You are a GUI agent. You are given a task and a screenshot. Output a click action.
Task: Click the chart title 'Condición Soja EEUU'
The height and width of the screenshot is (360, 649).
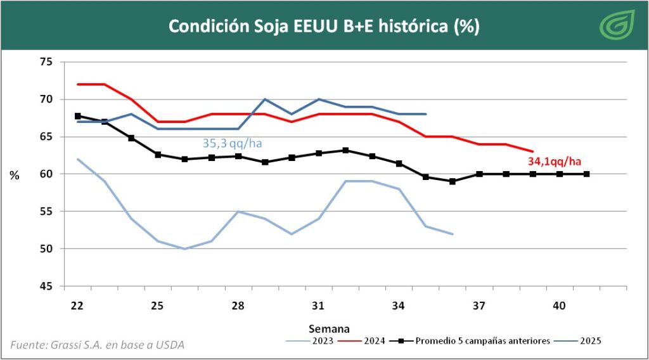point(323,27)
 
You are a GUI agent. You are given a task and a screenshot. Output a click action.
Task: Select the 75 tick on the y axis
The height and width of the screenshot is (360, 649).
point(46,62)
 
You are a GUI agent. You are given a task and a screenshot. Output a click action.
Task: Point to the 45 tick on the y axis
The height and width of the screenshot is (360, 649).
point(46,286)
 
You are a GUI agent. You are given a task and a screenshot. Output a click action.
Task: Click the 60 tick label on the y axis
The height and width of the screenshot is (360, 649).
point(46,174)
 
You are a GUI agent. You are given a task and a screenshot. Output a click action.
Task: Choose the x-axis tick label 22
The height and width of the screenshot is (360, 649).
point(77,305)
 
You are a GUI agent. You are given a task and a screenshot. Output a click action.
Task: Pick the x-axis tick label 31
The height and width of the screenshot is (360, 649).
point(318,305)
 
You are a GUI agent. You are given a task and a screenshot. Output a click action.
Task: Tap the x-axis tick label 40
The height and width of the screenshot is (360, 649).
point(559,305)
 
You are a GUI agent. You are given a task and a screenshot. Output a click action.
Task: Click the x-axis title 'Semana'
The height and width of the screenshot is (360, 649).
point(329,328)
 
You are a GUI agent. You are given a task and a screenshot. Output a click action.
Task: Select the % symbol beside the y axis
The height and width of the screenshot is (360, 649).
point(14,176)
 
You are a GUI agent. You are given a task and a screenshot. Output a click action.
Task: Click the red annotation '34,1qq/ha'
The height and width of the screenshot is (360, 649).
point(555,161)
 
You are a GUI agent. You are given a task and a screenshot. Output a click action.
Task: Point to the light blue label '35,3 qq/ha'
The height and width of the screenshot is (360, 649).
point(232,143)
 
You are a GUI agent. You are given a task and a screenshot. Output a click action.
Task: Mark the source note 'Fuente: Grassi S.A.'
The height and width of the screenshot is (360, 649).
point(98,345)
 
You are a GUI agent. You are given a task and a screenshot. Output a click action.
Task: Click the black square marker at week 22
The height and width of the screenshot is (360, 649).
point(77,116)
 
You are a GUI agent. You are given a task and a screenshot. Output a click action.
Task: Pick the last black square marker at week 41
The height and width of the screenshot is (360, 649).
point(586,174)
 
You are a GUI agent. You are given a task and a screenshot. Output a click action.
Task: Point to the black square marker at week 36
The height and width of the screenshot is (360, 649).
point(452,181)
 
